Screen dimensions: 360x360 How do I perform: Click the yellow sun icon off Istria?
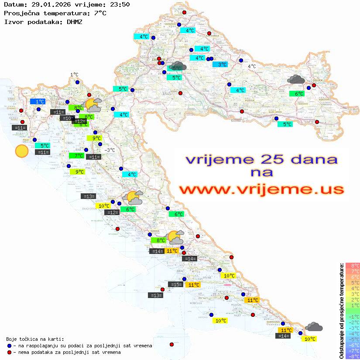click(x=21, y=151)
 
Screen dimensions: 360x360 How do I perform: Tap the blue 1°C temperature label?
click(x=38, y=101)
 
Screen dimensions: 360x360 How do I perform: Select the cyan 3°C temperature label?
click(x=223, y=65)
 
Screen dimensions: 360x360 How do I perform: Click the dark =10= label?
click(x=67, y=118)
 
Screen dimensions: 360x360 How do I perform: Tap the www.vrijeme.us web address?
click(x=261, y=189)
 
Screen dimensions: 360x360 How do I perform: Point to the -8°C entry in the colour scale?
click(x=352, y=357)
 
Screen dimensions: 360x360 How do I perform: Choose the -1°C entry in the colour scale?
click(x=352, y=316)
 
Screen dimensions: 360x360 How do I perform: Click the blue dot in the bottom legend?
click(x=9, y=346)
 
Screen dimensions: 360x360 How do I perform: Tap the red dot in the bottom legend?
click(x=9, y=352)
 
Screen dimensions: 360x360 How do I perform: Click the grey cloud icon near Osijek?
click(x=296, y=79)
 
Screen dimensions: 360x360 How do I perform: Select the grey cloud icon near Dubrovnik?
click(x=314, y=326)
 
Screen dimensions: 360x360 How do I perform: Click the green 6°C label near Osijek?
click(x=297, y=93)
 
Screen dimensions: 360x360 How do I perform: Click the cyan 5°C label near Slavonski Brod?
click(x=285, y=124)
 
